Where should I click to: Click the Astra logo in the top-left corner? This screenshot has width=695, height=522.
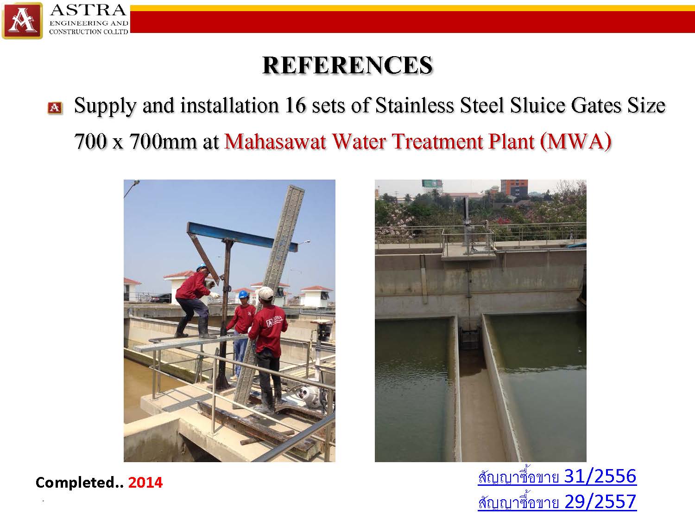(x=22, y=20)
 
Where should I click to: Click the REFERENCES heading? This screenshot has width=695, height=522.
(x=347, y=65)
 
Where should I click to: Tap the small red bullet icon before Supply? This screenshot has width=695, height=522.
(x=55, y=108)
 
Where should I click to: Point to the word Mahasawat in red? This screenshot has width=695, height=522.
(x=275, y=142)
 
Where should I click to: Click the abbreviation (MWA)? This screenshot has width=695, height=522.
(x=575, y=142)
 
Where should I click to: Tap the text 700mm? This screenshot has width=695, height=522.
(x=163, y=142)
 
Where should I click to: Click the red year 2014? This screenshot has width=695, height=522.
(x=145, y=483)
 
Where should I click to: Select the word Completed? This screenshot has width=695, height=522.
(x=76, y=483)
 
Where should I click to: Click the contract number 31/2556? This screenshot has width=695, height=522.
(x=600, y=476)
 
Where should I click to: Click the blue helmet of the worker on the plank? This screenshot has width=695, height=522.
(x=202, y=267)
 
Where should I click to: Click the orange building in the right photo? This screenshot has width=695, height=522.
(x=514, y=188)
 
